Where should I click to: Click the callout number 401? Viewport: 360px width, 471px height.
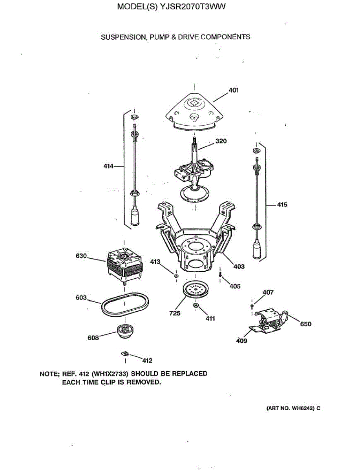(234, 90)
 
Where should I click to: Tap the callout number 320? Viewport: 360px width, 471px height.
(221, 141)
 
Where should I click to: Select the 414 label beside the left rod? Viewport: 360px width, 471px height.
(108, 166)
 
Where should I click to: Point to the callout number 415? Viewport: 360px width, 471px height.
(281, 204)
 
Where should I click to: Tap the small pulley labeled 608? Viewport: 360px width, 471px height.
(125, 332)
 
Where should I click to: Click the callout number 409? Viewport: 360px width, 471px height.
(242, 341)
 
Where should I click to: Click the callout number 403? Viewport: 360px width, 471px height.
(239, 267)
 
